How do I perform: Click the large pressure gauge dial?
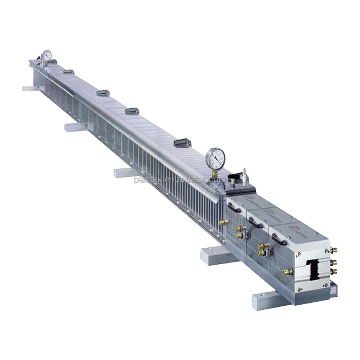(216, 159)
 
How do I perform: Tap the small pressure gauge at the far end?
(46, 55)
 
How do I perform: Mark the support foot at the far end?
(29, 88)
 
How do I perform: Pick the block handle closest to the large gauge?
(234, 208)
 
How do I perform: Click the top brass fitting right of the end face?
(334, 249)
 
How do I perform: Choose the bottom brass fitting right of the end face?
(334, 271)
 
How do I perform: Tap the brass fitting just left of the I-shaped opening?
(287, 271)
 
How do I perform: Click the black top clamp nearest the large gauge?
(183, 143)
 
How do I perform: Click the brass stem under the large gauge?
(215, 174)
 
